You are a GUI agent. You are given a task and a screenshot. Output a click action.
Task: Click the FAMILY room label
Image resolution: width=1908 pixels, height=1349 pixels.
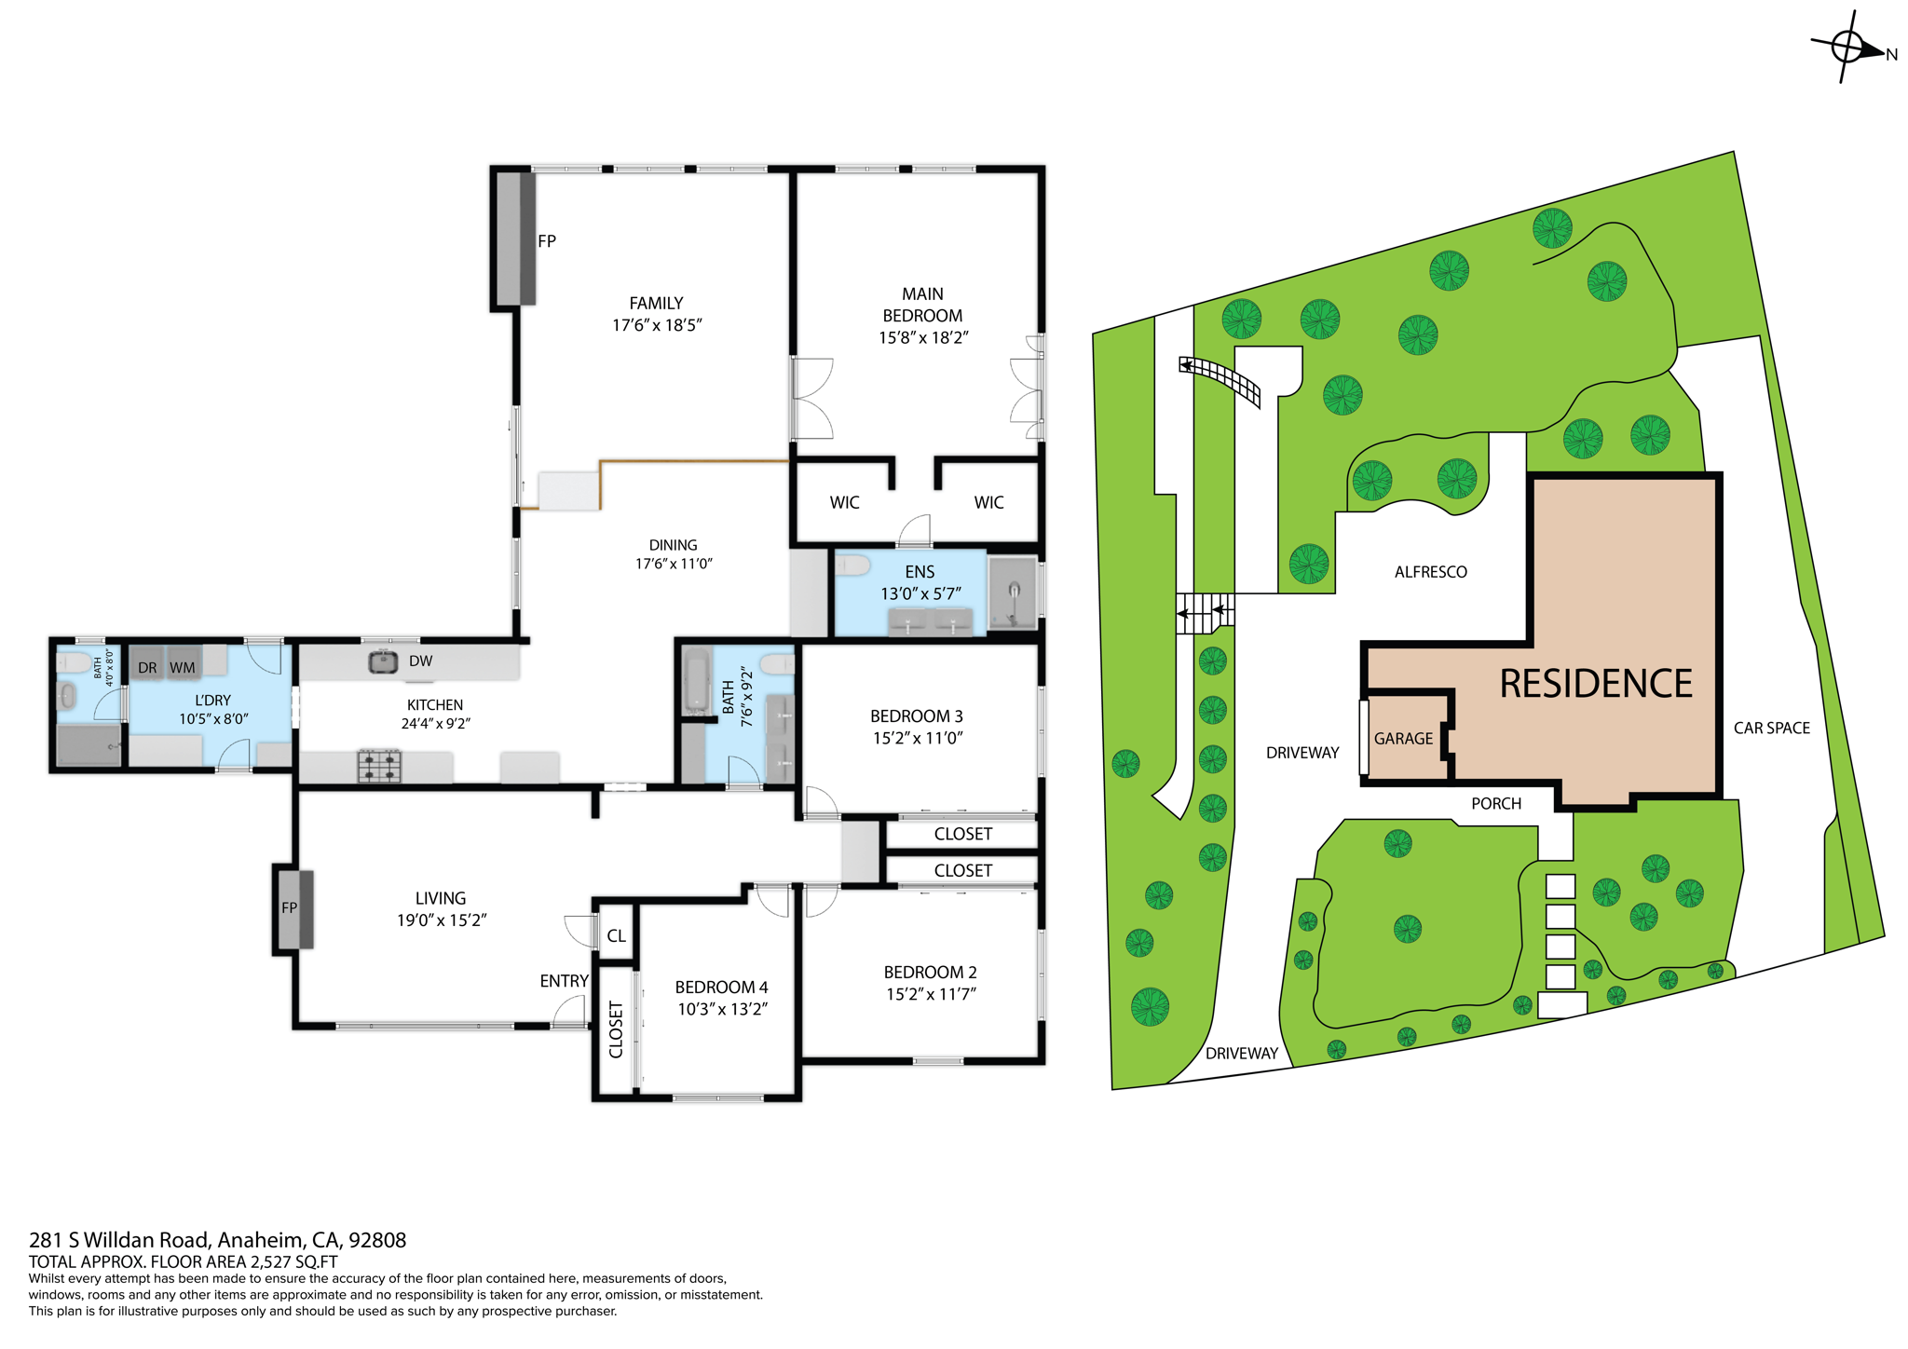coord(656,303)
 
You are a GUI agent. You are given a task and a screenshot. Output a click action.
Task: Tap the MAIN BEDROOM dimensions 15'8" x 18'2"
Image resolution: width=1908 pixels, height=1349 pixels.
coord(922,337)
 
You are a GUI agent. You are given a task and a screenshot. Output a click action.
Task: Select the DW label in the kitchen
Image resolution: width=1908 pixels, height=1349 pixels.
coord(420,661)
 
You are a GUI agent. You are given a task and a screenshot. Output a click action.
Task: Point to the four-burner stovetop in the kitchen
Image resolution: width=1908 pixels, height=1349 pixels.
coord(379,766)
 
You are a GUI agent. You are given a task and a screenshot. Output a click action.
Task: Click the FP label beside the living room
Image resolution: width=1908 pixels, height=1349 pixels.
coord(290,907)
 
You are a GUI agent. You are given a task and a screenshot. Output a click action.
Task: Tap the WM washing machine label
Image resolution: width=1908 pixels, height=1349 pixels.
coord(183,667)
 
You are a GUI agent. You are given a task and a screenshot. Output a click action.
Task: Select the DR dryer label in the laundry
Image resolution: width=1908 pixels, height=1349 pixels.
coord(147,667)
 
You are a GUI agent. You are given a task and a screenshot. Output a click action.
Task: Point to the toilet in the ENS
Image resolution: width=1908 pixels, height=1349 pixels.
coord(852,565)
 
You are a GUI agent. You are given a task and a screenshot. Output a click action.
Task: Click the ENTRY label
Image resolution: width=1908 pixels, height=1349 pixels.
coord(564,981)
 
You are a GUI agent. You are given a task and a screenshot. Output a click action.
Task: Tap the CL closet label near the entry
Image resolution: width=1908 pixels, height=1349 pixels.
coord(616,935)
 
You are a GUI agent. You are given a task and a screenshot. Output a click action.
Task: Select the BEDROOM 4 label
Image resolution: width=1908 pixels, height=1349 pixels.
coord(721,987)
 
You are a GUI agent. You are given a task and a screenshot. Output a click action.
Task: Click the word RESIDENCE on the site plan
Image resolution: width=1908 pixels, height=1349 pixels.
coord(1595,684)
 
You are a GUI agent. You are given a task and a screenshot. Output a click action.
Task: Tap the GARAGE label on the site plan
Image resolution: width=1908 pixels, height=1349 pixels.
coord(1403,739)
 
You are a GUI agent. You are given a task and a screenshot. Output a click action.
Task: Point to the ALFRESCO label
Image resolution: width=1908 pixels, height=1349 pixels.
coord(1430,572)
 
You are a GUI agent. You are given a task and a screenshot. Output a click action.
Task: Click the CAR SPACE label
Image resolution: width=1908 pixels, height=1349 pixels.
coord(1771,729)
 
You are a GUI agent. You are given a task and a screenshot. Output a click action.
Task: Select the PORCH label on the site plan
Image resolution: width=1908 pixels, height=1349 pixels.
coord(1495,804)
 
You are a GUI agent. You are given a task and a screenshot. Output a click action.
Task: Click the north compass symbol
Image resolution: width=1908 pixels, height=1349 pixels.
coord(1848,47)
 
